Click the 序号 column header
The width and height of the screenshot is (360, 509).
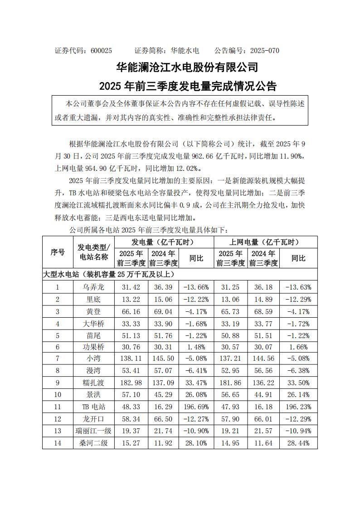click(58, 252)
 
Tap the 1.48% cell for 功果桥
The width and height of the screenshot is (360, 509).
click(196, 334)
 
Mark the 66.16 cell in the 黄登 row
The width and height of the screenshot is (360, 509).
click(131, 310)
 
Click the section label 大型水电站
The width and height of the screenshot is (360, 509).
click(62, 275)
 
